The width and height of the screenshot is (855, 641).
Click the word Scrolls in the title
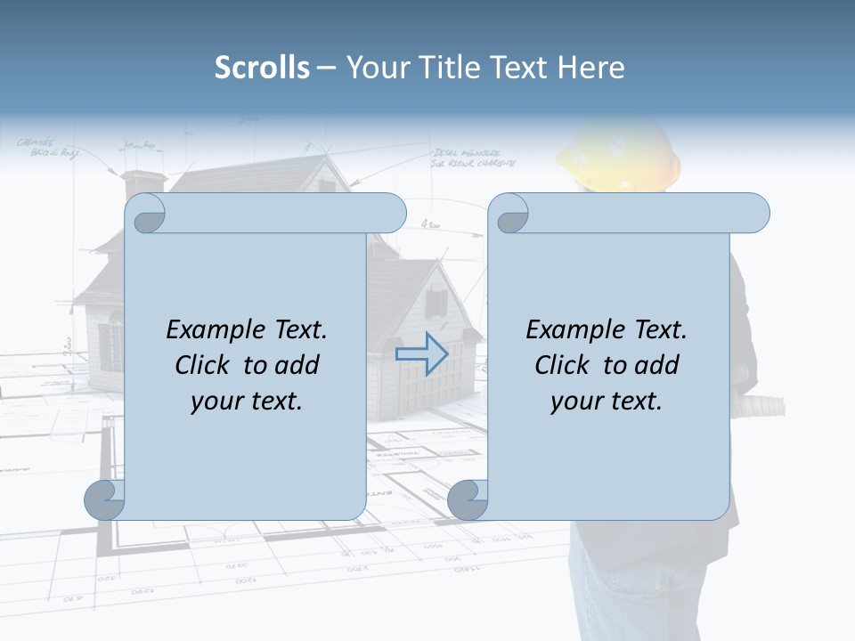pyautogui.click(x=262, y=68)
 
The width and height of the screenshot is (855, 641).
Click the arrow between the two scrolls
pyautogui.click(x=422, y=353)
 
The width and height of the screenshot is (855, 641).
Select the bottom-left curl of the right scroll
pyautogui.click(x=468, y=499)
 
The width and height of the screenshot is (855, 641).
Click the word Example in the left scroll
pyautogui.click(x=214, y=330)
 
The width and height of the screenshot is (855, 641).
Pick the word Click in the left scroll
pyautogui.click(x=204, y=365)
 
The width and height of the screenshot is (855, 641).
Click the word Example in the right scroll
pyautogui.click(x=574, y=330)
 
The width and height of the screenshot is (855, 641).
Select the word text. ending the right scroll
pyautogui.click(x=635, y=402)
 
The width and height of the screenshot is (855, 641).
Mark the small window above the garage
pyautogui.click(x=437, y=304)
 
